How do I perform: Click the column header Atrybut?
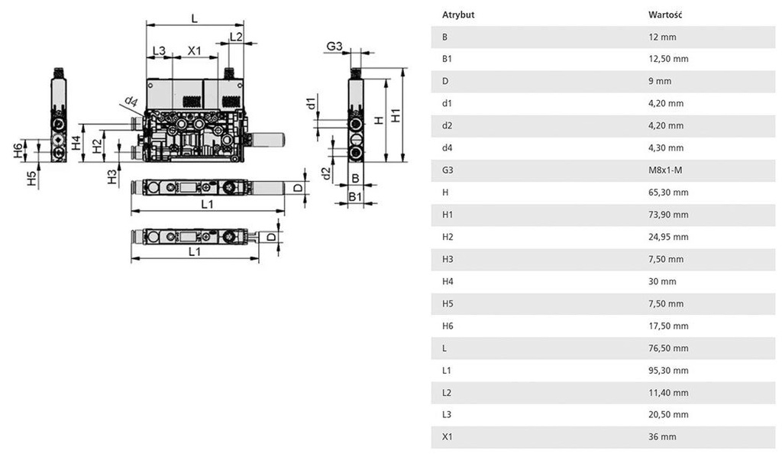(457, 15)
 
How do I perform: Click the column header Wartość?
(664, 15)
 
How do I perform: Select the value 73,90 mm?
(668, 215)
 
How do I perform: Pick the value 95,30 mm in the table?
(668, 371)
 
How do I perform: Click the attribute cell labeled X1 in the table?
(447, 437)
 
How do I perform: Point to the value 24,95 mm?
(668, 237)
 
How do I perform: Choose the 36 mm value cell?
(662, 437)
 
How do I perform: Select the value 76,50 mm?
(668, 349)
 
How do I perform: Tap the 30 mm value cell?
(662, 281)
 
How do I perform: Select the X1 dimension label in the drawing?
(195, 51)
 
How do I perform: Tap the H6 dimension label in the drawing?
(18, 151)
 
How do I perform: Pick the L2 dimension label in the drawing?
(236, 36)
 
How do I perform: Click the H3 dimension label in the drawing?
(112, 177)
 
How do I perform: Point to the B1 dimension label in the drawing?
(356, 197)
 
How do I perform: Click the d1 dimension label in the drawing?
(310, 103)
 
